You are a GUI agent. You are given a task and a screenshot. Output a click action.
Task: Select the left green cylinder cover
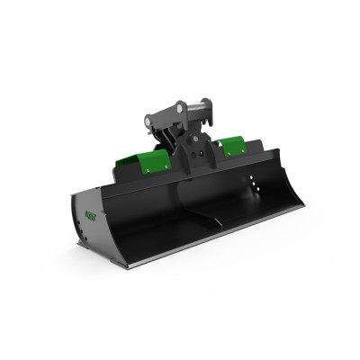[140, 159]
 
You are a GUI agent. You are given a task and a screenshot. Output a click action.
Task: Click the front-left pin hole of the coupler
[154, 119]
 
